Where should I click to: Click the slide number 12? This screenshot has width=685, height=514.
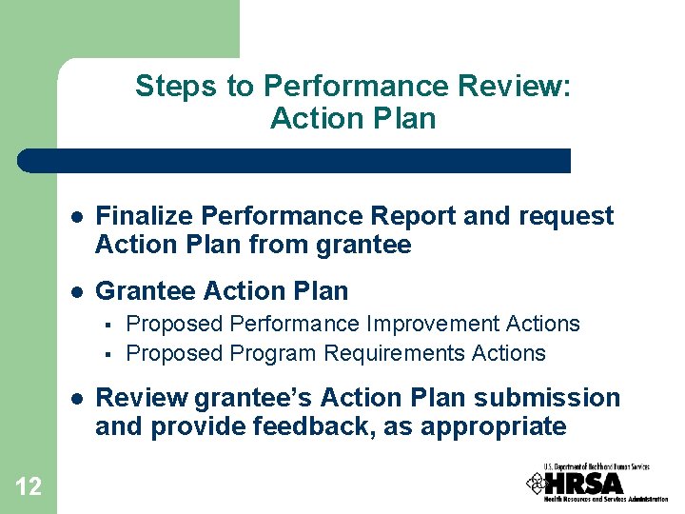pyautogui.click(x=29, y=487)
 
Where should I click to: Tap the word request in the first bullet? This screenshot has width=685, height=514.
pyautogui.click(x=567, y=216)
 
